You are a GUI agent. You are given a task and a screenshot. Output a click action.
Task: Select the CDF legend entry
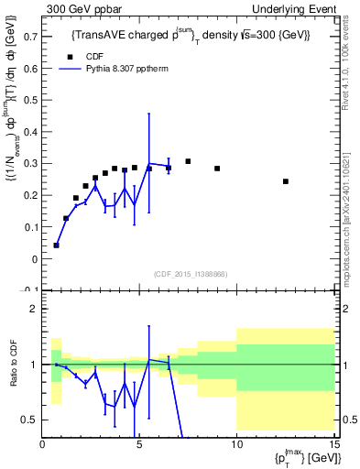point(90,55)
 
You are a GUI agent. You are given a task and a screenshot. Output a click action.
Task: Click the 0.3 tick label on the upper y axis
point(29,163)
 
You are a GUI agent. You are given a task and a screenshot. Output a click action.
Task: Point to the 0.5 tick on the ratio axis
point(29,420)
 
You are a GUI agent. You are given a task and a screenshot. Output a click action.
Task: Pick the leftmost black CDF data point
point(57,245)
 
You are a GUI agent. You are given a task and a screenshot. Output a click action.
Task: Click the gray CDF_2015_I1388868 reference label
point(190,274)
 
